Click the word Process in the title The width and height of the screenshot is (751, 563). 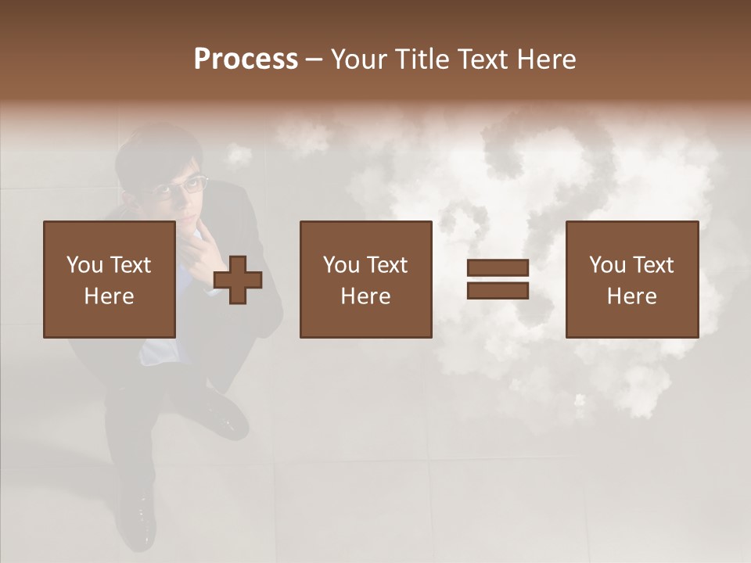tap(246, 59)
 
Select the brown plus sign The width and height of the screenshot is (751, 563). tap(238, 280)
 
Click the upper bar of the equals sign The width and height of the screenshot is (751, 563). tap(498, 268)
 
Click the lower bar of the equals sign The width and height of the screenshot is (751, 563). tap(498, 291)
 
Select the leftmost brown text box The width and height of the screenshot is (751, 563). tap(109, 279)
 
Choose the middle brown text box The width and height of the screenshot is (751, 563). tap(365, 279)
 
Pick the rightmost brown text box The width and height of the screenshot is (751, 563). tap(631, 279)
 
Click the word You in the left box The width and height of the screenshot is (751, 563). tap(84, 265)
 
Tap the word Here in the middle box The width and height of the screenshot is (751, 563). tap(365, 296)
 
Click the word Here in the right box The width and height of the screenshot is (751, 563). tap(631, 296)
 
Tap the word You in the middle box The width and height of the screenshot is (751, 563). tap(341, 265)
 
